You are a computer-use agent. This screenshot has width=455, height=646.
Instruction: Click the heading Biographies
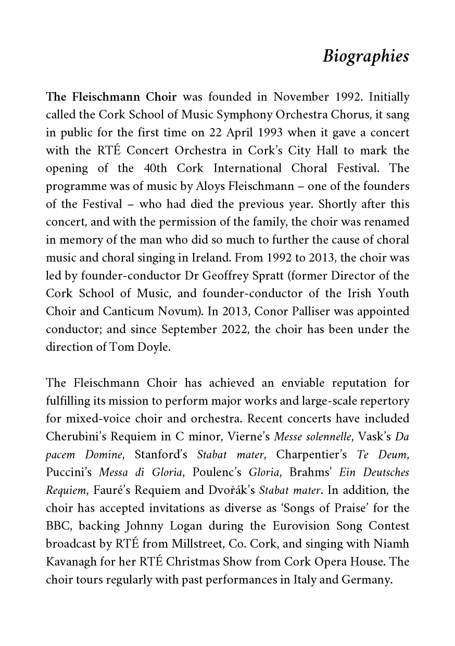[x=365, y=56]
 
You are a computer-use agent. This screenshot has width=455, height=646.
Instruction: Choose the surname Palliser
[x=301, y=311]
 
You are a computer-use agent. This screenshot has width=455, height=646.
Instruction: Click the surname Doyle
[x=154, y=347]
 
